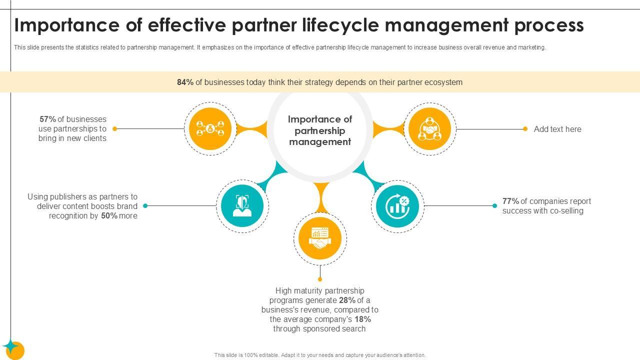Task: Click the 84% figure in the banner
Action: click(185, 82)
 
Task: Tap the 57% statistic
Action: click(47, 119)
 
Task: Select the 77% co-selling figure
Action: click(510, 201)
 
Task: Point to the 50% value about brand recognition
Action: click(109, 216)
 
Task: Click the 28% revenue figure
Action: click(347, 300)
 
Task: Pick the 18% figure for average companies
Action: click(363, 319)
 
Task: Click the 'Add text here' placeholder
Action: click(557, 129)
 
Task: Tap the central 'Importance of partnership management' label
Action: click(320, 130)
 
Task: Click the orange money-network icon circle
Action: click(210, 129)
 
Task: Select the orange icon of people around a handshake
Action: click(429, 129)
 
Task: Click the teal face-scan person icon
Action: click(242, 205)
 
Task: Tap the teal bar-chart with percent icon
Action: click(397, 206)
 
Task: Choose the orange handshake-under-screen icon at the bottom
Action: click(320, 238)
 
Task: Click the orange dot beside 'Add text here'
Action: click(525, 129)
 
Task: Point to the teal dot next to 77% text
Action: click(494, 205)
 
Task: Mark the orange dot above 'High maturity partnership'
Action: click(320, 279)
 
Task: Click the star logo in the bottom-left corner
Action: click(12, 348)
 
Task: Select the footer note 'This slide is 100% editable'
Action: click(320, 355)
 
